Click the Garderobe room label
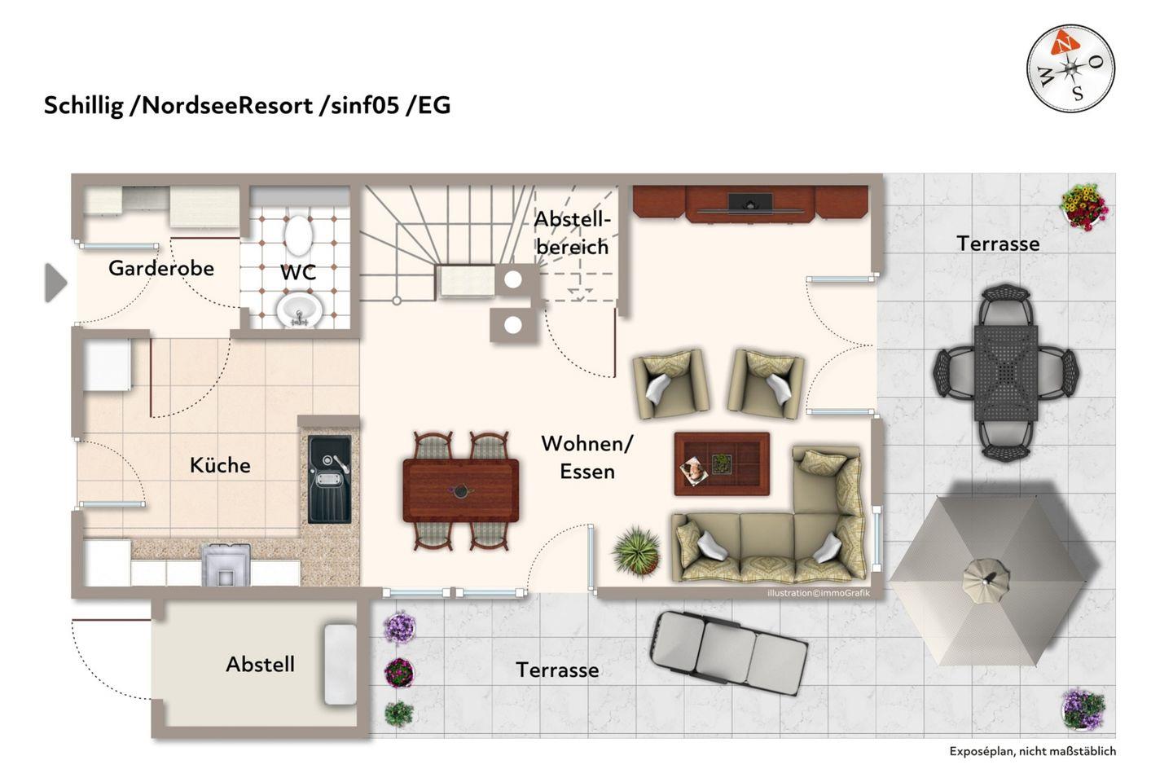(161, 269)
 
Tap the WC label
(298, 272)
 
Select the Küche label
(220, 465)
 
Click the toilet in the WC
(298, 235)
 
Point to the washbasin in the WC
(299, 310)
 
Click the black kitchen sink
(329, 479)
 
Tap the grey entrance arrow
(55, 283)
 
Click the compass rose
(1070, 68)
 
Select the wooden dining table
(461, 490)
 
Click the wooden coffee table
(722, 463)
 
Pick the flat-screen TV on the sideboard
(750, 203)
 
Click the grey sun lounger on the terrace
(728, 652)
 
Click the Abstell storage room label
(261, 664)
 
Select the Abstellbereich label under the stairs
(573, 233)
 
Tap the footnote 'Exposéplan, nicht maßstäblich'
(1033, 751)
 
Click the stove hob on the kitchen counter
(226, 565)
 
